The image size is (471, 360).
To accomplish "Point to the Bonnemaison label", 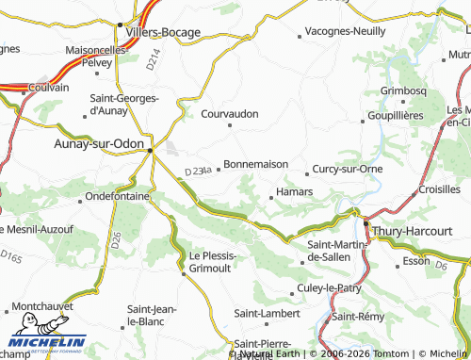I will tap(256, 164).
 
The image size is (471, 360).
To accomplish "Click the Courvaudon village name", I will tap(230, 113).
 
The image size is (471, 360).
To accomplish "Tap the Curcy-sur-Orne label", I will tap(347, 169).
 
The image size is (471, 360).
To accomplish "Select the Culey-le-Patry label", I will tap(329, 286).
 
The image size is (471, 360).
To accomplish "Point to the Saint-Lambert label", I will tap(267, 312).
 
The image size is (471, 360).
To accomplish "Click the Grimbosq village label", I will tap(404, 90).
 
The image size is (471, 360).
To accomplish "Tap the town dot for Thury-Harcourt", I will tap(365, 221).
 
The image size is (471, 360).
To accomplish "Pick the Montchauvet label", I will tap(45, 308).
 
